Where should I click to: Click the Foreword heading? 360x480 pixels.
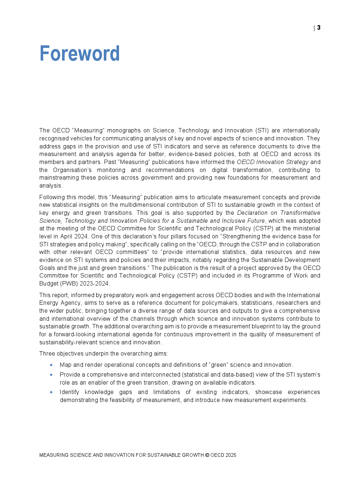[x=79, y=54]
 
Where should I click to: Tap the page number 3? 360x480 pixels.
[x=319, y=28]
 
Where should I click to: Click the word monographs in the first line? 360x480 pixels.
[x=124, y=131]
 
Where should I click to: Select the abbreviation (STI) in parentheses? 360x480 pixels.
[x=262, y=131]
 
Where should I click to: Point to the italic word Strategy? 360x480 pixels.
[x=297, y=162]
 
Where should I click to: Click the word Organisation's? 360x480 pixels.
[x=72, y=170]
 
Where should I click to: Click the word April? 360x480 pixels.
[x=66, y=237]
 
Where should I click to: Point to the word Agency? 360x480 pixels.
[x=70, y=303]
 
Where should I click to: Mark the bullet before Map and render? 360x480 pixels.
[x=51, y=365]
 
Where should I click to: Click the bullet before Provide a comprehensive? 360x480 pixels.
[x=51, y=375]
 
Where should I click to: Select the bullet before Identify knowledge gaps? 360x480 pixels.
[x=51, y=392]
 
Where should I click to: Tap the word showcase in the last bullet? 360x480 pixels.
[x=269, y=392]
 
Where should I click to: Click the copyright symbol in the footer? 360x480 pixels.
[x=207, y=455]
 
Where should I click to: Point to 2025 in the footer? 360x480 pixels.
[x=230, y=455]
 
